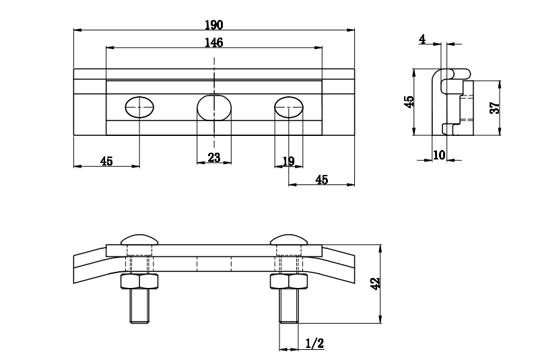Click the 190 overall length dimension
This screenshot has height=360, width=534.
214,24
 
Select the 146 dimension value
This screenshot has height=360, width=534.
214,42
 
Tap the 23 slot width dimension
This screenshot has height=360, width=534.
214,157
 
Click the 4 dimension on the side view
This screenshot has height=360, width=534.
422,40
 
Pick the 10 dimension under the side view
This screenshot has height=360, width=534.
439,155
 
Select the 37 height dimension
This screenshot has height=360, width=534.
494,108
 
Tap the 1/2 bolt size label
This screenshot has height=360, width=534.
314,344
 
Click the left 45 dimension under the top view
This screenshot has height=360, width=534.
106,161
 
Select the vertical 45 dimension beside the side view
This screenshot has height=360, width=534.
409,102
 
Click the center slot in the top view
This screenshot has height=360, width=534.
214,107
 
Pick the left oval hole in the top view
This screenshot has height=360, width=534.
139,106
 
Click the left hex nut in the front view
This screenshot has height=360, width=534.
139,281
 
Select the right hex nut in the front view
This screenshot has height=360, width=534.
289,281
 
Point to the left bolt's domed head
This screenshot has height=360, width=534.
139,238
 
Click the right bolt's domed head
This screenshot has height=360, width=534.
290,238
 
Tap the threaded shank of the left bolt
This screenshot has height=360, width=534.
139,305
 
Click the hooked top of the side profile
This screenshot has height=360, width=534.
451,73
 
